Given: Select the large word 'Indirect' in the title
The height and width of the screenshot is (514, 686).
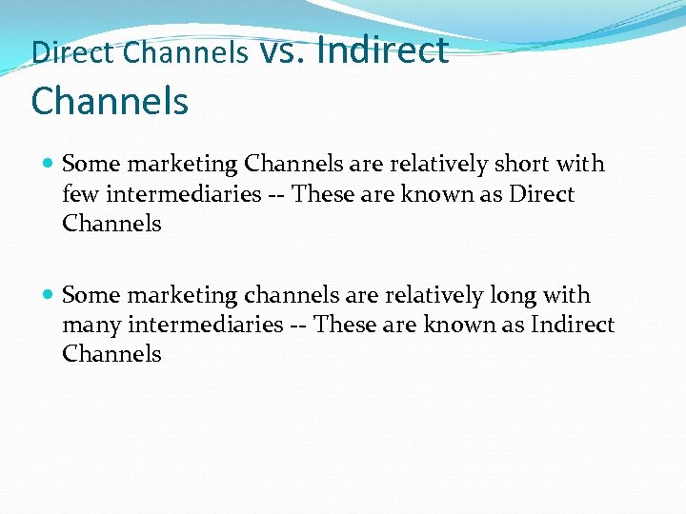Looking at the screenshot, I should pyautogui.click(x=381, y=49).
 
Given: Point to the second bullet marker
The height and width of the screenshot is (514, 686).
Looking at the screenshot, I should pyautogui.click(x=50, y=296).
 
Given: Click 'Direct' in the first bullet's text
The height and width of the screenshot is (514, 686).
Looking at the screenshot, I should pyautogui.click(x=541, y=195).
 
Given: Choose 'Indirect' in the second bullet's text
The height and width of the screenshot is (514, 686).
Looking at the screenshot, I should pyautogui.click(x=572, y=326).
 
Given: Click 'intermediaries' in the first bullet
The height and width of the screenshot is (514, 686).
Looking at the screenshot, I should pyautogui.click(x=182, y=195).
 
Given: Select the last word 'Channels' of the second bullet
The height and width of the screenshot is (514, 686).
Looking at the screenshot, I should pyautogui.click(x=111, y=354).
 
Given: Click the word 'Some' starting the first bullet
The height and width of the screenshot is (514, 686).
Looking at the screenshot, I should pyautogui.click(x=89, y=165).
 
